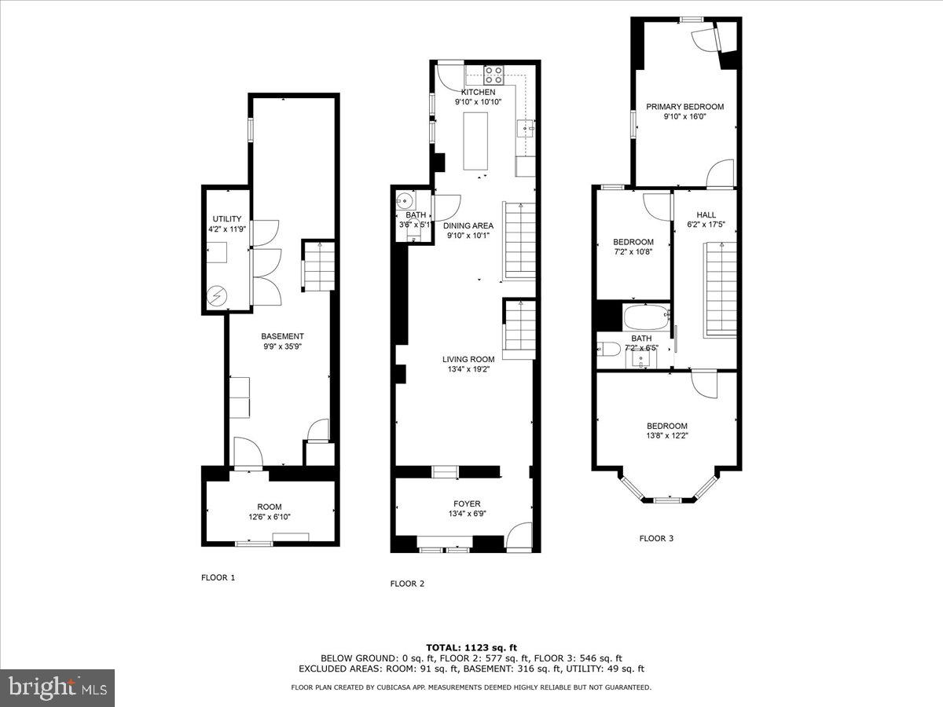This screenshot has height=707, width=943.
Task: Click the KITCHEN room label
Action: click(478, 92)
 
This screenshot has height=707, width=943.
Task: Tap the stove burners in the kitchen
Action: click(494, 75)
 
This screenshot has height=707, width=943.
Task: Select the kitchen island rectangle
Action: click(476, 141)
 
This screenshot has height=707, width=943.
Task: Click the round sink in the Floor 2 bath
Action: click(404, 200)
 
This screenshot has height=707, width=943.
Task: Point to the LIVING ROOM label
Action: click(468, 359)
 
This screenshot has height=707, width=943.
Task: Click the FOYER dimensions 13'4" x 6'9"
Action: click(467, 515)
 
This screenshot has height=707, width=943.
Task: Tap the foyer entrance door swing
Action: click(518, 536)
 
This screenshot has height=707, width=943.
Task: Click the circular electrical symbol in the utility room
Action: click(217, 296)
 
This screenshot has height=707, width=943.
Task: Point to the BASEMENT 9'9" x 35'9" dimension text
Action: click(282, 346)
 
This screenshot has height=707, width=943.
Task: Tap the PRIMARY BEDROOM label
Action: click(684, 107)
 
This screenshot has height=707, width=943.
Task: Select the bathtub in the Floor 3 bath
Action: click(646, 319)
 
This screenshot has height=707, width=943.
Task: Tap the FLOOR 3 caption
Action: click(656, 539)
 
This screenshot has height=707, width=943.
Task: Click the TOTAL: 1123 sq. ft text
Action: click(471, 647)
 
